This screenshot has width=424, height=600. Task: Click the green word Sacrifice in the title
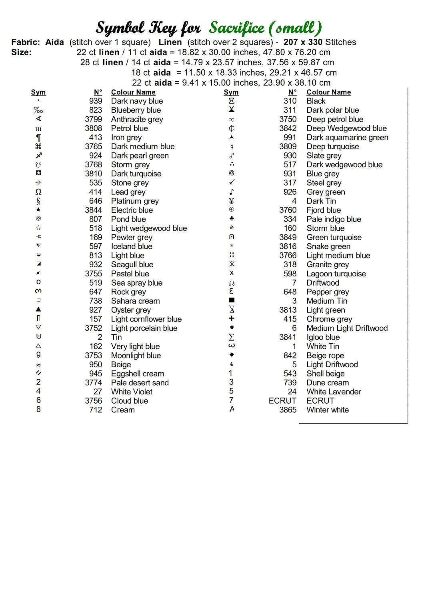(236, 28)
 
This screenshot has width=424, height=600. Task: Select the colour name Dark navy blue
(137, 101)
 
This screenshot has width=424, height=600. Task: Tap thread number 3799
(93, 119)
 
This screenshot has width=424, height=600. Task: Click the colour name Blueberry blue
(136, 110)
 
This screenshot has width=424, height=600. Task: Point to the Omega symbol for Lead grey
(38, 192)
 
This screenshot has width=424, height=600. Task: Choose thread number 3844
(93, 210)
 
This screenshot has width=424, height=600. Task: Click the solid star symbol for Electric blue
(38, 210)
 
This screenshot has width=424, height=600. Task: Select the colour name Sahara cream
(135, 301)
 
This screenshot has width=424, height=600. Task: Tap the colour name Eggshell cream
(137, 374)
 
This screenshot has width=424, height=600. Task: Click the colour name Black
(316, 101)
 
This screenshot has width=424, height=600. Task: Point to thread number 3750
(288, 119)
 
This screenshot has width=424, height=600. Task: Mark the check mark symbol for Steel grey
(232, 182)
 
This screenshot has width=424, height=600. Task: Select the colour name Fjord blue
(324, 210)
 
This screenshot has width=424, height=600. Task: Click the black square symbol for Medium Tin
(232, 300)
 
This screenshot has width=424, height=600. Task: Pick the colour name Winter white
(327, 410)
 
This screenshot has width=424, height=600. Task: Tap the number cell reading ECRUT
(282, 401)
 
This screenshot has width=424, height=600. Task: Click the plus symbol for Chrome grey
(232, 318)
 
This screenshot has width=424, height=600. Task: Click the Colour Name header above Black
(328, 92)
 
